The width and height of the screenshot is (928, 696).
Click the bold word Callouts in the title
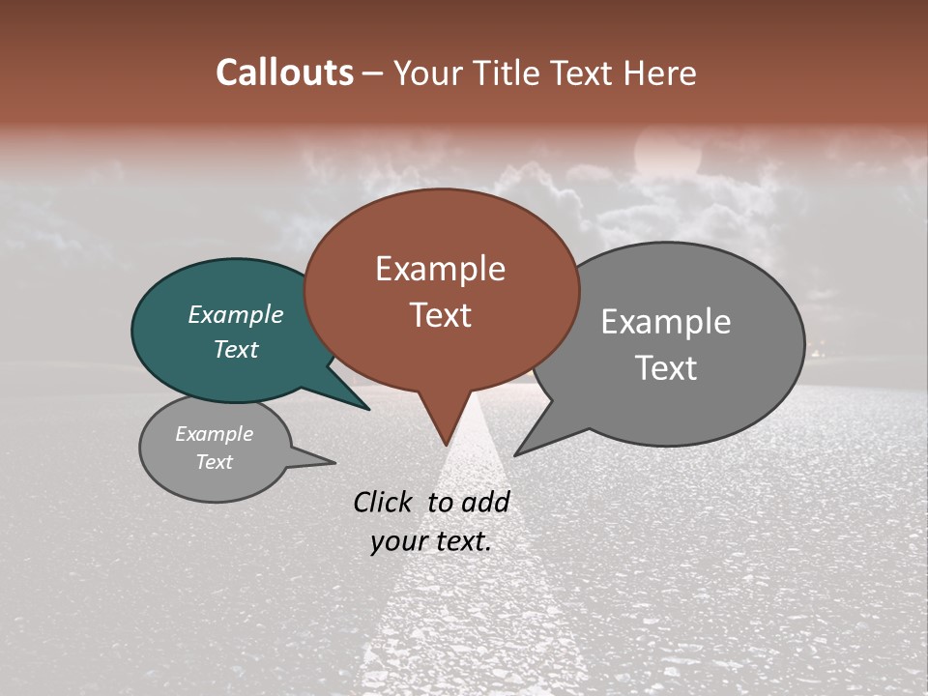[284, 73]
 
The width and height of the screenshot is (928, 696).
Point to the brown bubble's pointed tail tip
[447, 444]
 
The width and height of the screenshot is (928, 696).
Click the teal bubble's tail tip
[368, 409]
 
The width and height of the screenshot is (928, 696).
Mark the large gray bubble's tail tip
[516, 454]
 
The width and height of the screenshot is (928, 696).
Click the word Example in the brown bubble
[440, 269]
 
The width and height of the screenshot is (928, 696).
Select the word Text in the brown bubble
[440, 315]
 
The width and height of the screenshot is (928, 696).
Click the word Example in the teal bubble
[235, 315]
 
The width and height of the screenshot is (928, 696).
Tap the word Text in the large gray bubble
[666, 368]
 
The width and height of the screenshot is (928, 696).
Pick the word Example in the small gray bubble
[214, 434]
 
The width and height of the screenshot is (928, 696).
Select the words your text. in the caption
[431, 541]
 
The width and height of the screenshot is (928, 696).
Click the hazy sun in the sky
[666, 155]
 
